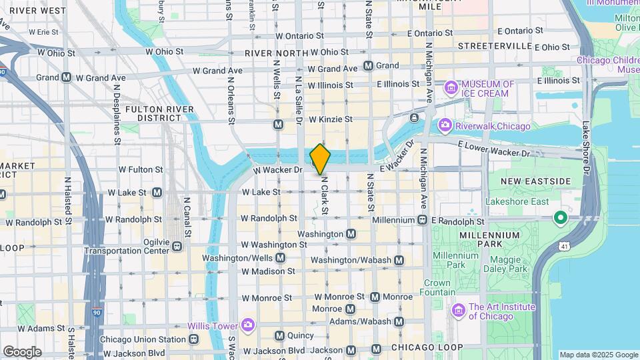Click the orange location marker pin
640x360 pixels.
coord(320,159)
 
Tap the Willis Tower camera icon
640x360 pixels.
coord(248,325)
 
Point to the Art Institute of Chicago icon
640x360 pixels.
coord(458,311)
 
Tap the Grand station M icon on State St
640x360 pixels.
coord(368,66)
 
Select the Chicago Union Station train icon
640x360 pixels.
coord(194,339)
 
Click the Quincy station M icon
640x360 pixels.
coord(279,335)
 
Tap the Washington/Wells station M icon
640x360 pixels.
coord(281,258)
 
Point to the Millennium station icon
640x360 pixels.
coord(423,220)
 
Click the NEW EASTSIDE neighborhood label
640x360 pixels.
coord(536,181)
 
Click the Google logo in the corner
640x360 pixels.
coord(22,351)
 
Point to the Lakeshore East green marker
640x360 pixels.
coord(561,217)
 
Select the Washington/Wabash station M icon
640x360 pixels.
coord(399,260)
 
